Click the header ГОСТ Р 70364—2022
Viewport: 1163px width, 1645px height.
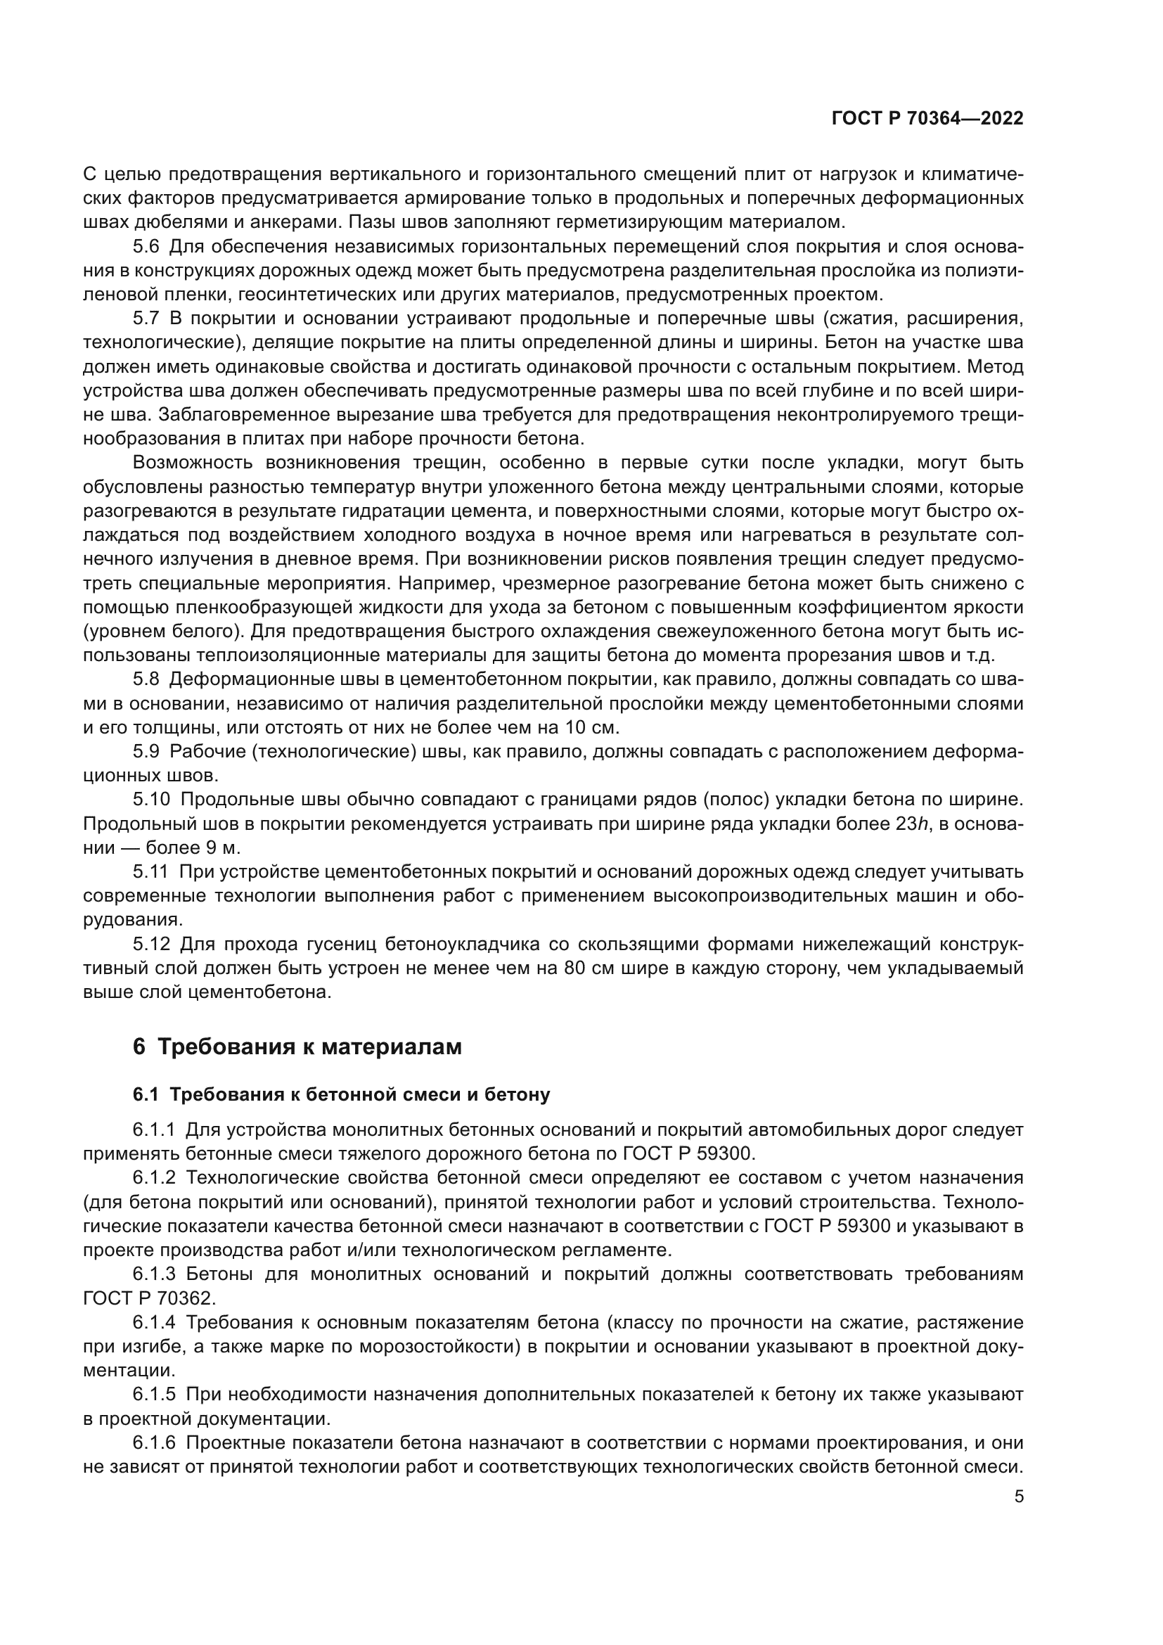tap(927, 118)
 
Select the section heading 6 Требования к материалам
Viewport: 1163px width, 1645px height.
tap(297, 1046)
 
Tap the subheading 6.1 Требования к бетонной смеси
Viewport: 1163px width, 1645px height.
tap(341, 1095)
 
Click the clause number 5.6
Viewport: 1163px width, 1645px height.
tap(146, 247)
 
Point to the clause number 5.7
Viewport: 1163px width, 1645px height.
tap(146, 319)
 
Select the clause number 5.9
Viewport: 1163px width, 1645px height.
tap(146, 752)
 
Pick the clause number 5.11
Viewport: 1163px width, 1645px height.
tap(150, 872)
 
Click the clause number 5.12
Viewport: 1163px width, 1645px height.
tap(150, 945)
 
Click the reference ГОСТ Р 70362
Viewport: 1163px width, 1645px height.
tap(149, 1299)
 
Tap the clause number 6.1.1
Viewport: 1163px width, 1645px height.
tap(154, 1131)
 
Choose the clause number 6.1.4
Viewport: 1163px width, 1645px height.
tap(154, 1323)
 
